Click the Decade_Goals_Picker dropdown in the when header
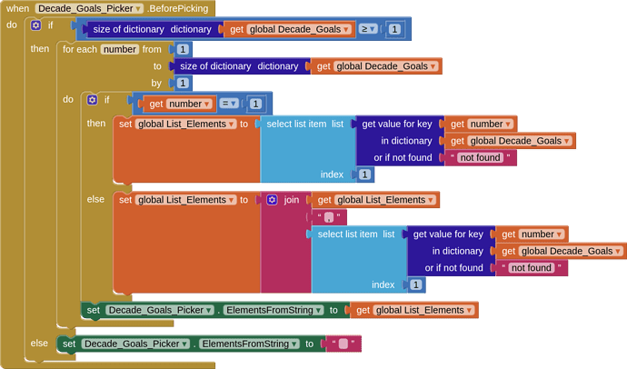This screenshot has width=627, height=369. (x=89, y=8)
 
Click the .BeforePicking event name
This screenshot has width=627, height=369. (x=177, y=8)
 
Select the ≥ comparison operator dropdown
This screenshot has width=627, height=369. (x=368, y=29)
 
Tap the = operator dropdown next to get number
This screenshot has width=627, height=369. (x=229, y=104)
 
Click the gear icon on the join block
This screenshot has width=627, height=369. (x=272, y=200)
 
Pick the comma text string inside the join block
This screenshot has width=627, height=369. (x=329, y=217)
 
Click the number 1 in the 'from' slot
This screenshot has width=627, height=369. (x=183, y=49)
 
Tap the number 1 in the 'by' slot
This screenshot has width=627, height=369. (x=183, y=83)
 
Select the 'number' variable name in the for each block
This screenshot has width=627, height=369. (x=120, y=49)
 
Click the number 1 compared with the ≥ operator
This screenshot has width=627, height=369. (x=394, y=29)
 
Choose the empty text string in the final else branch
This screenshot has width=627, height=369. (x=343, y=344)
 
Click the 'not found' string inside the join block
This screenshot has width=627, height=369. (x=532, y=267)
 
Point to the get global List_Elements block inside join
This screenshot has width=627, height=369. (x=375, y=200)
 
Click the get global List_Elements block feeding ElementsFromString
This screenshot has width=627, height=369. (x=413, y=310)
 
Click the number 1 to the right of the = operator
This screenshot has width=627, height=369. (x=255, y=104)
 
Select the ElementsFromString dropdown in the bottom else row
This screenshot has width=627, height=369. (x=249, y=344)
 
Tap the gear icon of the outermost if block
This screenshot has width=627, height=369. (x=36, y=25)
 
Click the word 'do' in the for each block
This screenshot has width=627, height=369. (x=68, y=99)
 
